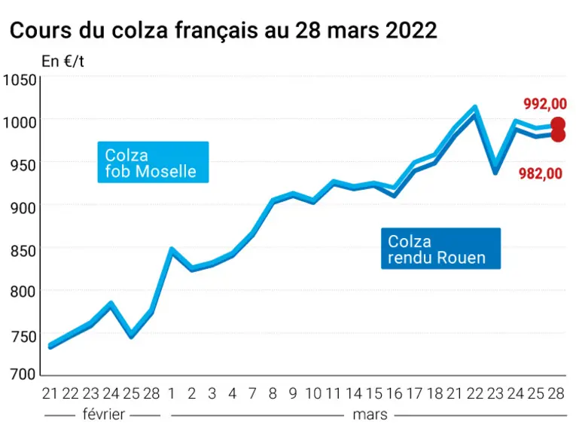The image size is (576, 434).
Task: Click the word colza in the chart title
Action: pyautogui.click(x=140, y=30)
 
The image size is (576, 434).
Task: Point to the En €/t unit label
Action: pyautogui.click(x=62, y=61)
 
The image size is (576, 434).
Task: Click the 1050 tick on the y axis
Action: pyautogui.click(x=20, y=80)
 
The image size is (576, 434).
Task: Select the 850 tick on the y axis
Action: pyautogui.click(x=23, y=252)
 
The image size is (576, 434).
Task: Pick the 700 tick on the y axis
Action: pyautogui.click(x=23, y=374)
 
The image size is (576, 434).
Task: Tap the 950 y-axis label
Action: pyautogui.click(x=23, y=166)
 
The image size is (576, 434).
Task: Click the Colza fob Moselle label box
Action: pyautogui.click(x=153, y=162)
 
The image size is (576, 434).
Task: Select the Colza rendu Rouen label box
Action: pyautogui.click(x=440, y=249)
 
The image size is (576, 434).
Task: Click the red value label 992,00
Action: pyautogui.click(x=545, y=104)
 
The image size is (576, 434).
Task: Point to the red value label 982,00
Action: pyautogui.click(x=541, y=173)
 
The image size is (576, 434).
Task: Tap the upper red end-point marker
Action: pyautogui.click(x=559, y=124)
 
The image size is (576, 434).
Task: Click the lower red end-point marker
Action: pyautogui.click(x=559, y=135)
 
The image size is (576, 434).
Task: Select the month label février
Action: pyautogui.click(x=104, y=414)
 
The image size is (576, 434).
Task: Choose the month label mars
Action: pyautogui.click(x=370, y=415)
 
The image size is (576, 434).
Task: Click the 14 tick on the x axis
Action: pyautogui.click(x=354, y=393)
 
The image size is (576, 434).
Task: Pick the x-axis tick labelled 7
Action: pyautogui.click(x=252, y=393)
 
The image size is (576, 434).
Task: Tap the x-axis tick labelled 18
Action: pyautogui.click(x=435, y=393)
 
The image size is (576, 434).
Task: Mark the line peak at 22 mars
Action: pyautogui.click(x=475, y=108)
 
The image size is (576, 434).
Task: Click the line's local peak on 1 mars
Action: pyautogui.click(x=171, y=250)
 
